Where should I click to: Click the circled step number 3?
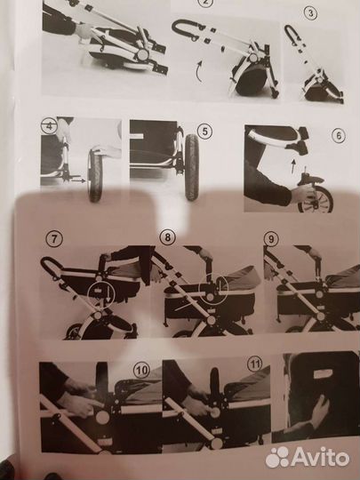[311, 13]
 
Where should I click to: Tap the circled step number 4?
[49, 125]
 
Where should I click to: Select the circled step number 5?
[204, 132]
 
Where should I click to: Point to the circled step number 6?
[339, 135]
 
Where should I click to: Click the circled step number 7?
[54, 238]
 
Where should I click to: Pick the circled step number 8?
[168, 237]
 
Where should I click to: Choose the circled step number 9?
[271, 239]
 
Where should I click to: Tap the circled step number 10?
[141, 371]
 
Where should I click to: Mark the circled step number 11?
[255, 364]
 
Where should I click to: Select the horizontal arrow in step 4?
[78, 180]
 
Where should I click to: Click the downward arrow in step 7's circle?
[108, 295]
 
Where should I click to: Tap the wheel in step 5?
[192, 167]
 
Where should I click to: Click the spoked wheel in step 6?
[316, 200]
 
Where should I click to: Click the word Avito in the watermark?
[321, 458]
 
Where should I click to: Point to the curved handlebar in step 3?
[292, 35]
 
